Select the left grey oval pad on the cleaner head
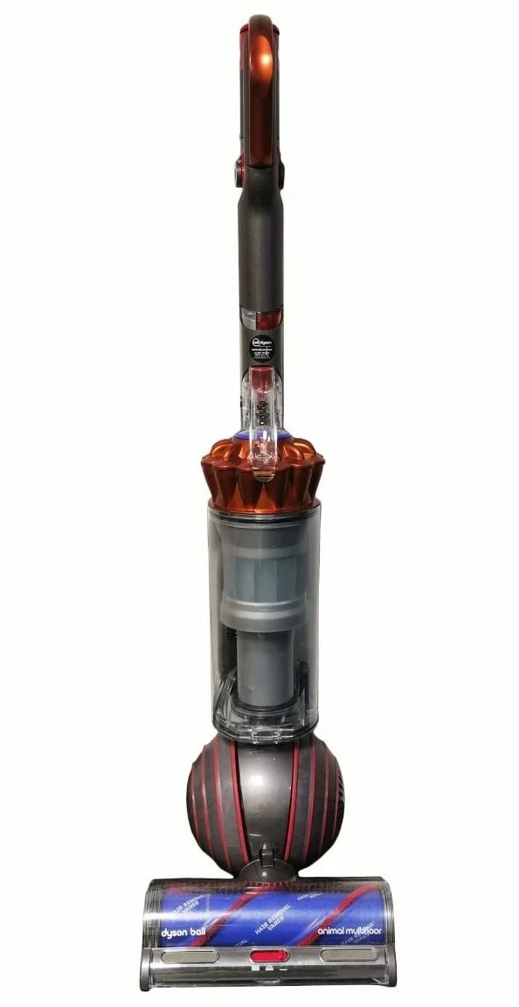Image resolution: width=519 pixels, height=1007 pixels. tap(189, 955)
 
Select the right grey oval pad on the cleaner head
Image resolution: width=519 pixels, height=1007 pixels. tap(348, 955)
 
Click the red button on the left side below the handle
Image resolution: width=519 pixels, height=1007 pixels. tap(239, 171)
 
